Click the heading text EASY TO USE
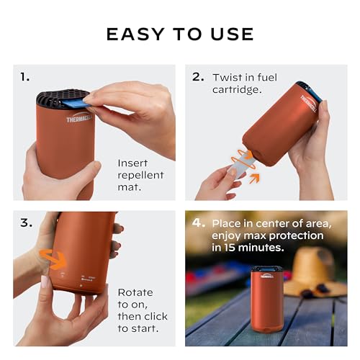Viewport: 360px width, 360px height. point(180,34)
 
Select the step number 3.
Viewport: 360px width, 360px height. point(26,222)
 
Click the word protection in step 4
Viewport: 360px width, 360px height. point(309,235)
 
